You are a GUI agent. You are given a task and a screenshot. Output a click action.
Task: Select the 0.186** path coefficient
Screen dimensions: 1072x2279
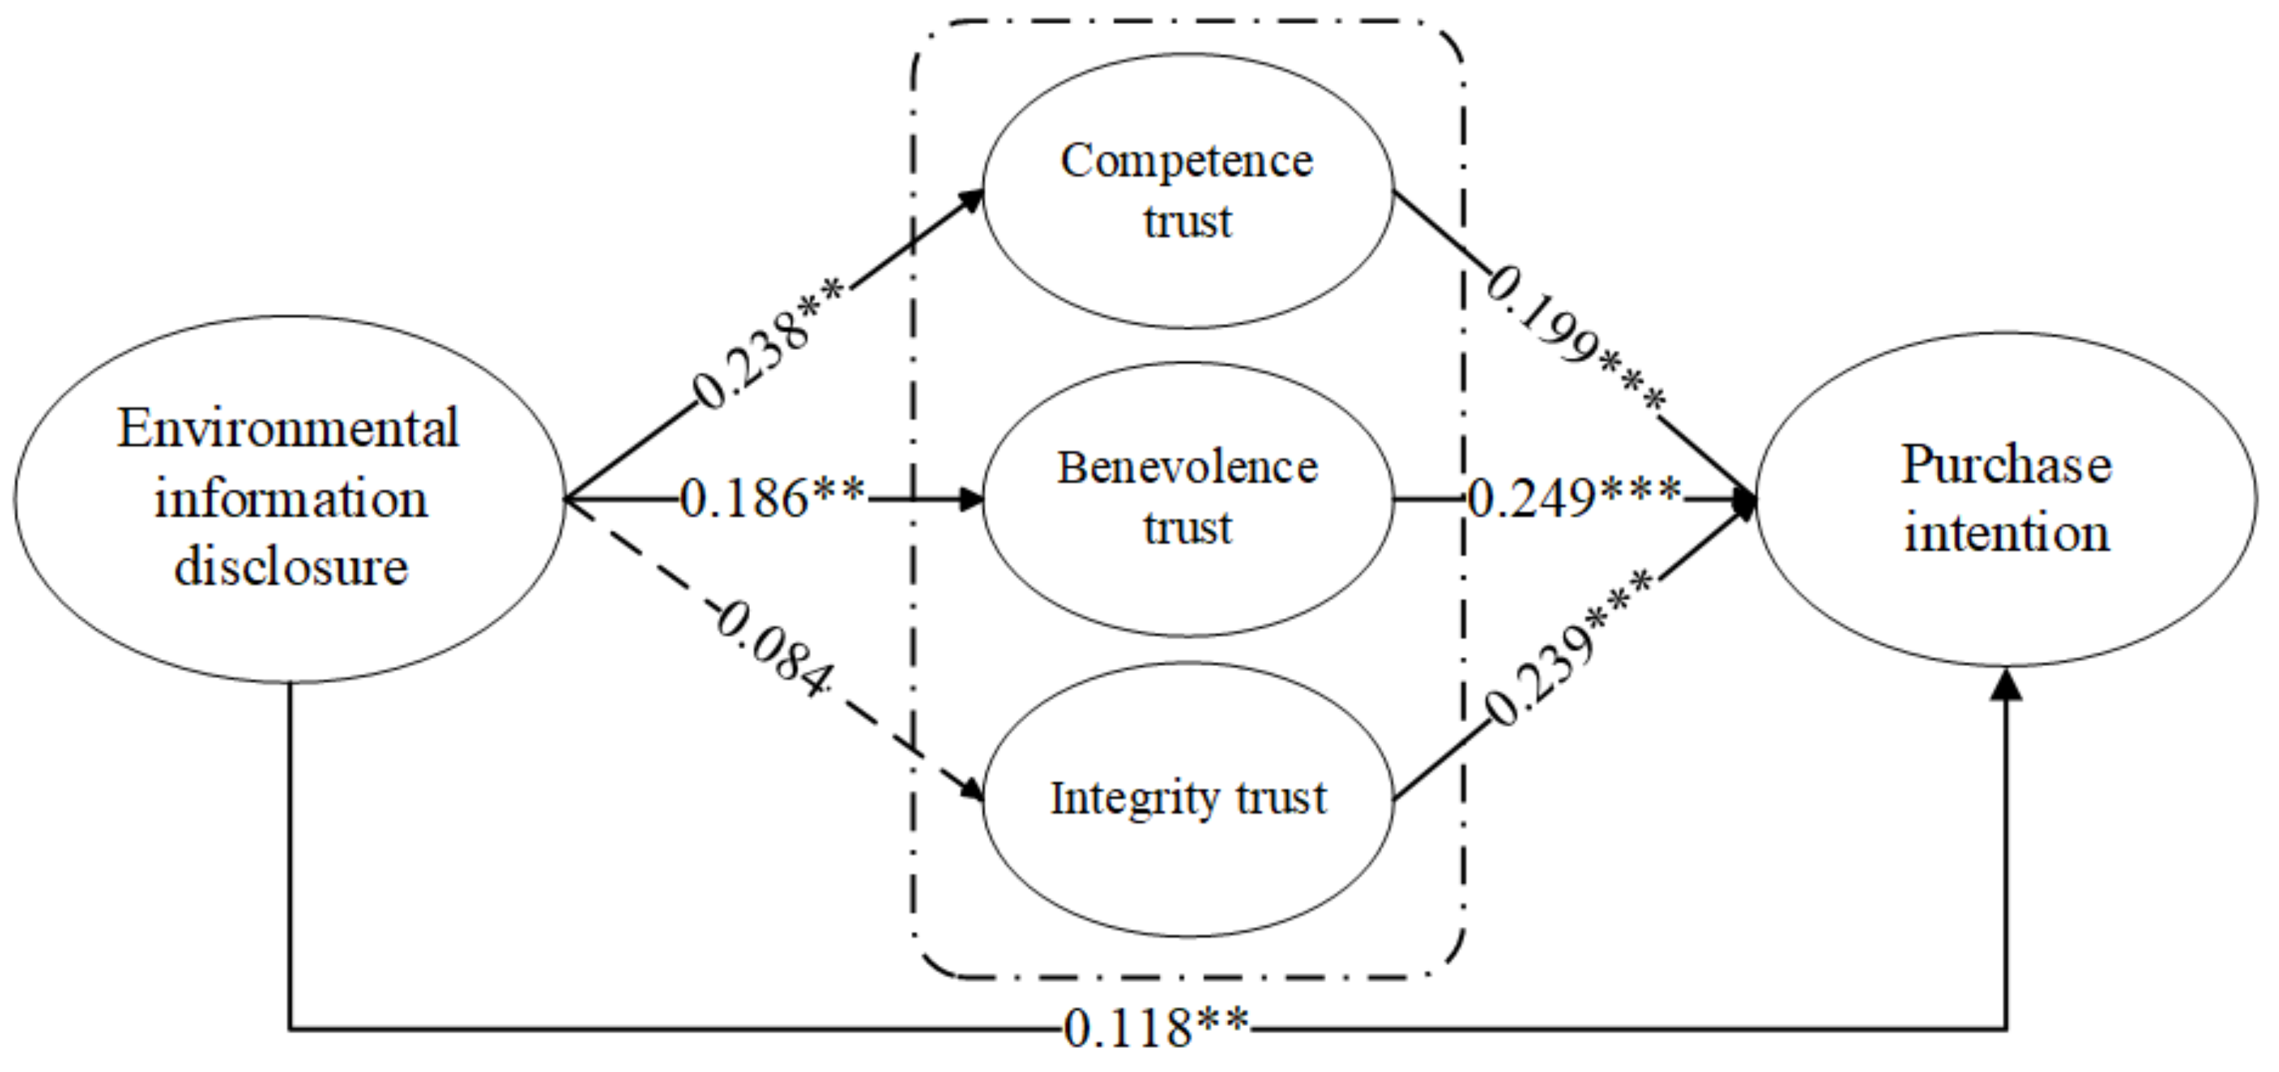[x=771, y=498]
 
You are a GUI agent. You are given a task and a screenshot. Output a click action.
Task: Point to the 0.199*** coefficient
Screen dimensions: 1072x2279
[x=1574, y=340]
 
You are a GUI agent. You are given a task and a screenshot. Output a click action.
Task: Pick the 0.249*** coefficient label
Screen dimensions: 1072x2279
[x=1574, y=499]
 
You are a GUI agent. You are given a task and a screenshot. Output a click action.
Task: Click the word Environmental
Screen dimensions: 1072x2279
[x=288, y=429]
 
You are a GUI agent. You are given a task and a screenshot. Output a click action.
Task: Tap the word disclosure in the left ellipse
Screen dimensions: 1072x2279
[x=291, y=566]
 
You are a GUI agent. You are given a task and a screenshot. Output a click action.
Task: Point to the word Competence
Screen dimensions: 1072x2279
[x=1188, y=161]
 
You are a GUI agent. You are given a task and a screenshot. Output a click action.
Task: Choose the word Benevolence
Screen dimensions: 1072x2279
[x=1188, y=467]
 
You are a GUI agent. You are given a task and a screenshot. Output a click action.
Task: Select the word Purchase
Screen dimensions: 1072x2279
[x=2007, y=465]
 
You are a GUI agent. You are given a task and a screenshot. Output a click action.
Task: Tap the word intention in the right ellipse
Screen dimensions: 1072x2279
[x=2007, y=534]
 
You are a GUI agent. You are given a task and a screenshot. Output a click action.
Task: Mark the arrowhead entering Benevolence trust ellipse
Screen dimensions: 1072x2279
[x=971, y=499]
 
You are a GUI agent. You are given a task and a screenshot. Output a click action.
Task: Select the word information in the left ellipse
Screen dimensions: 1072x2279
[x=291, y=499]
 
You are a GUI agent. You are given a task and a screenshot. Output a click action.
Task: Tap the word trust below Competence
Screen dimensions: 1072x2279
[x=1188, y=221]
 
